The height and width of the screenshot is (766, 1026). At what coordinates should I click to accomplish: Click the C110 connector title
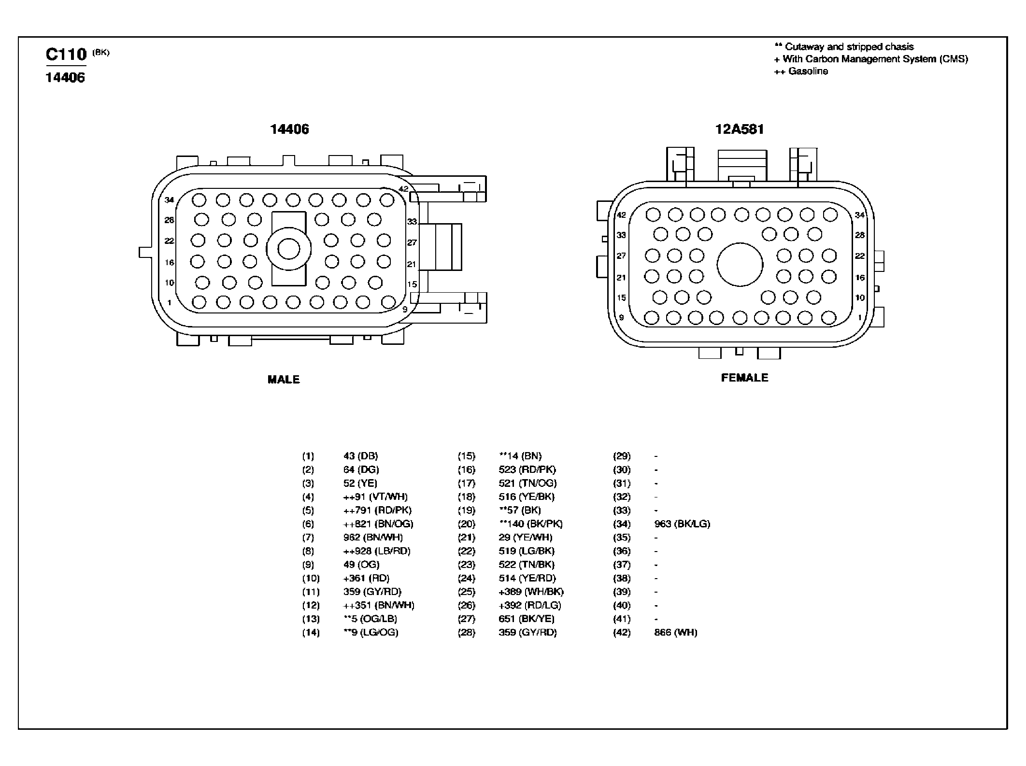(66, 54)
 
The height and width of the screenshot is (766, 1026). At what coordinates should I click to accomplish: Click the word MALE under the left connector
(284, 380)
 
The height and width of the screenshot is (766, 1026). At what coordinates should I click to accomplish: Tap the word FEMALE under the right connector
(744, 378)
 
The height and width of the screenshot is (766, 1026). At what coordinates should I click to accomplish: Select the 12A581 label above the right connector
(740, 129)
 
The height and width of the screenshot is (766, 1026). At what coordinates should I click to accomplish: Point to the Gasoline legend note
(801, 71)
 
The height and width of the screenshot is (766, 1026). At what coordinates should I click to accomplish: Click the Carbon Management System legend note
(871, 59)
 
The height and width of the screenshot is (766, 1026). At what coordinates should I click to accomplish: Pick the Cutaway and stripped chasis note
(844, 47)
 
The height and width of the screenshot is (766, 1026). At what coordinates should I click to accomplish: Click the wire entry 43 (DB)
(361, 456)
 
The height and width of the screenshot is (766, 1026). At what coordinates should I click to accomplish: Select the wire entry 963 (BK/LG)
(682, 524)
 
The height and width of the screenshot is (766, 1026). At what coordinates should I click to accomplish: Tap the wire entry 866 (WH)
(676, 633)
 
